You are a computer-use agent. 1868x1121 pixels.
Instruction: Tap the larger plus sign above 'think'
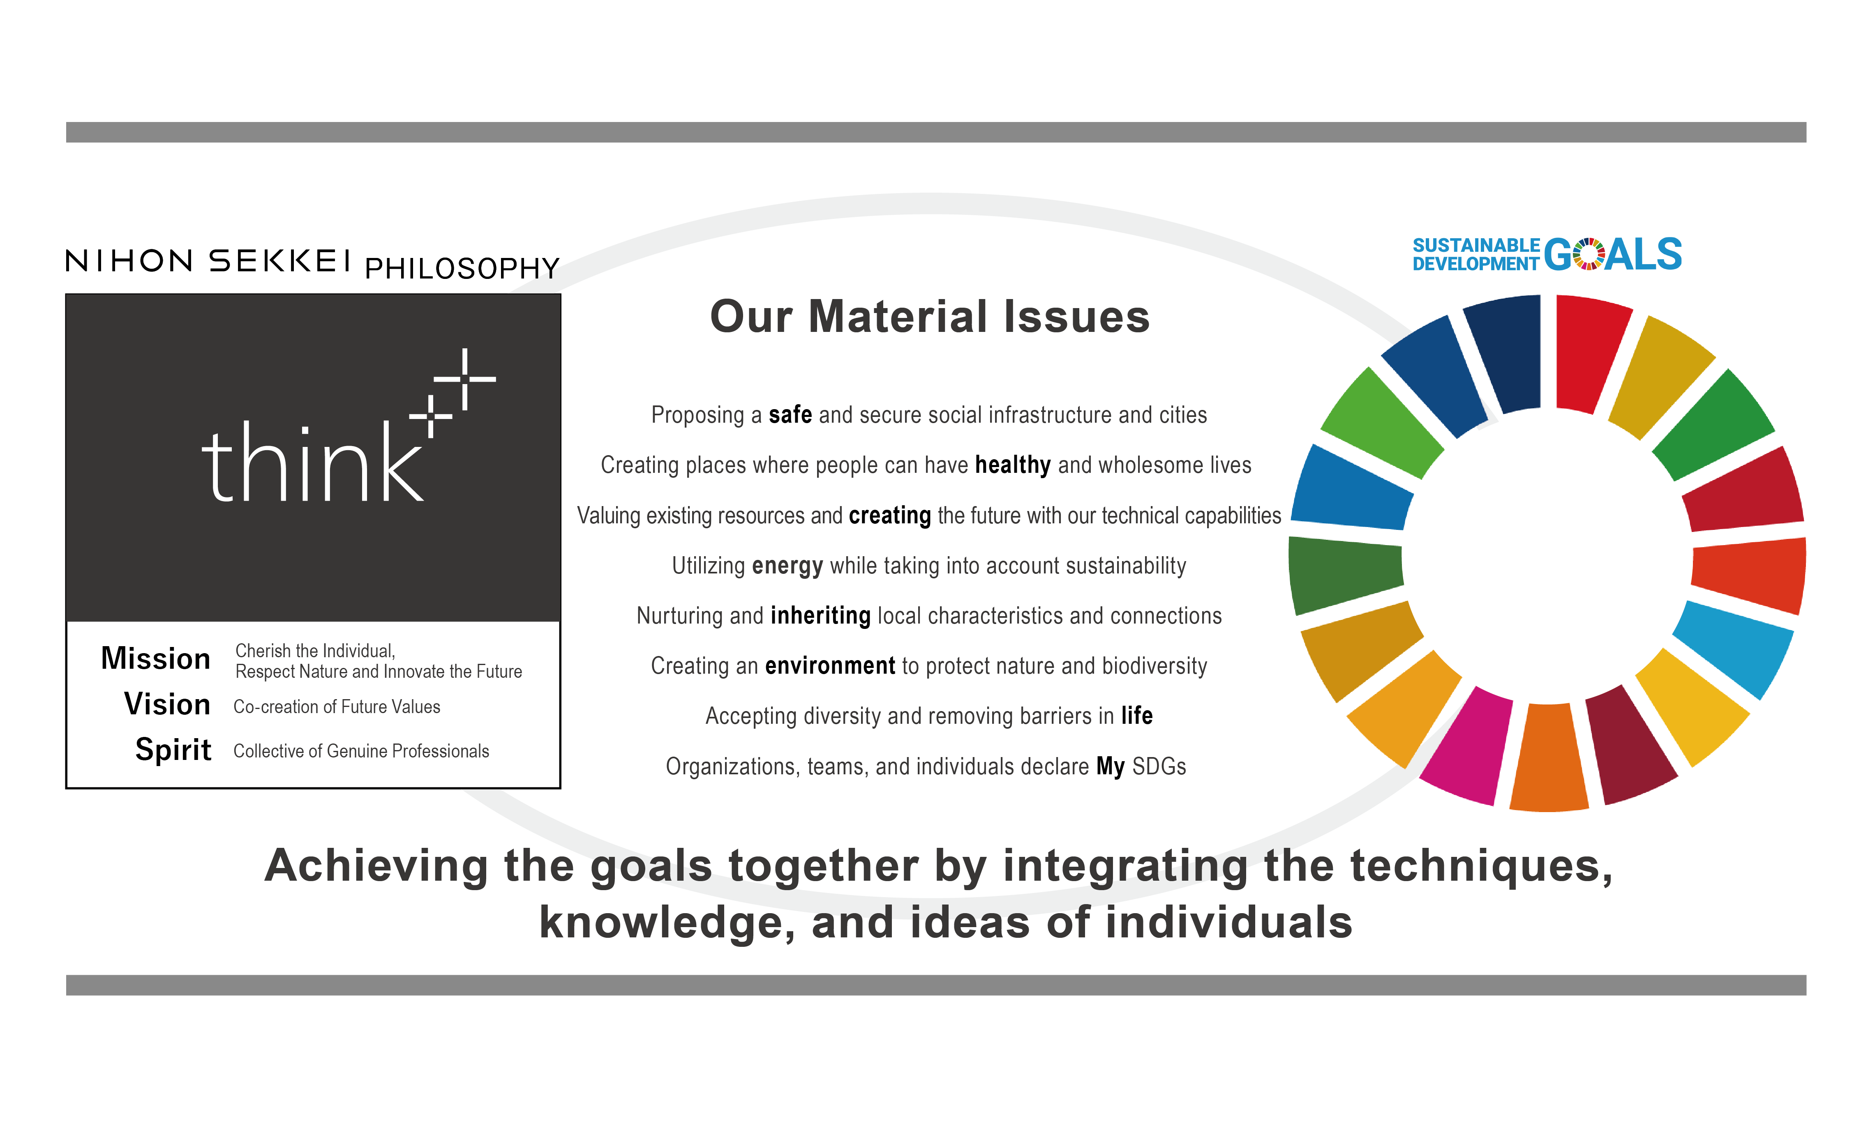coord(465,378)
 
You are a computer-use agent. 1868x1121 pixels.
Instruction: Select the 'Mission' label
coord(156,659)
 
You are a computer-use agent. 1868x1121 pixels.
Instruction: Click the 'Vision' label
coord(167,704)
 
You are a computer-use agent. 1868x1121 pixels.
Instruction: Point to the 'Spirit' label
coord(173,750)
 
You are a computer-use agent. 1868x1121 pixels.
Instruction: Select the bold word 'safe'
coord(790,415)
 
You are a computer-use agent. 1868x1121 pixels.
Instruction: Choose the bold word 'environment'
coord(830,665)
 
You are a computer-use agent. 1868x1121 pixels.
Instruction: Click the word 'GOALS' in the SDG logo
coord(1613,255)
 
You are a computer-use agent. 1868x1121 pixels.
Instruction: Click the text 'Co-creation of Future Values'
coord(337,707)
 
